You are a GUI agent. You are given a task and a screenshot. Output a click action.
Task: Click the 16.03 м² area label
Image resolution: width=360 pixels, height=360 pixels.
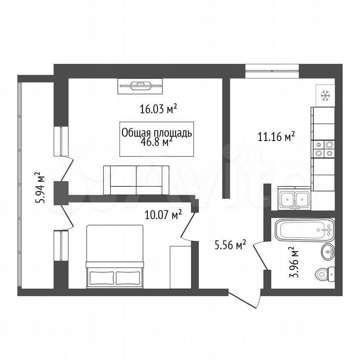pos(159,109)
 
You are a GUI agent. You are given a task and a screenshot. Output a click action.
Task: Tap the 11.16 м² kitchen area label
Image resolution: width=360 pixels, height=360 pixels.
pos(276,137)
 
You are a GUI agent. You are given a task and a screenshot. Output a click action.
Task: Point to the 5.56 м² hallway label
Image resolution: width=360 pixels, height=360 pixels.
pos(230,245)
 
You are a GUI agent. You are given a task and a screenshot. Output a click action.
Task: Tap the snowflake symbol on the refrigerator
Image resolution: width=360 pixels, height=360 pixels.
pos(325,96)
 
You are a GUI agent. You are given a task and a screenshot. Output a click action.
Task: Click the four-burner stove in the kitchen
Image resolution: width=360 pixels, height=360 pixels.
pos(324,149)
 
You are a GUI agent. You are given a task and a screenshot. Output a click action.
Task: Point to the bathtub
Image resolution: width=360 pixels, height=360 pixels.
pos(304,229)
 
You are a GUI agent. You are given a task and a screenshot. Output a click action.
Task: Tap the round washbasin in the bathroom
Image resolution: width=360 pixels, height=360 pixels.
pos(328,252)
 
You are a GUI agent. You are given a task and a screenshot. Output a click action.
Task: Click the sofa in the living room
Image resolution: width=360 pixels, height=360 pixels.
pos(136,180)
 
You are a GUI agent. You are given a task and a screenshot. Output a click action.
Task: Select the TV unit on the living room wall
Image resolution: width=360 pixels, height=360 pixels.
pos(140,86)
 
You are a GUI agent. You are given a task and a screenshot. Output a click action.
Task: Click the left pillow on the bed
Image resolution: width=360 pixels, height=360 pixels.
pos(102,278)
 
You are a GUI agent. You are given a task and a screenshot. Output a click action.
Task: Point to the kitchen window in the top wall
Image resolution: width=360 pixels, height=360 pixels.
pos(272,68)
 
